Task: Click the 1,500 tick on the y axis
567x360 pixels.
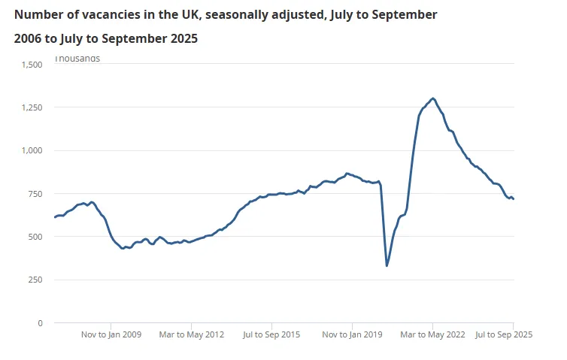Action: point(32,65)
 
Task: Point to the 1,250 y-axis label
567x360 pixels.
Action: point(32,107)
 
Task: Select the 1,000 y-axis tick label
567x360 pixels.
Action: point(32,150)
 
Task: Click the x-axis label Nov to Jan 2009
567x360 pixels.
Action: point(111,335)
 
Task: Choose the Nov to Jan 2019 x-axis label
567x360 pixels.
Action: point(353,335)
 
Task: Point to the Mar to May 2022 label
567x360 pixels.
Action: point(432,335)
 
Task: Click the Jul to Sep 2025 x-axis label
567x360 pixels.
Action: point(504,335)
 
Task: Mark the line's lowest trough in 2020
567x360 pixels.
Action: point(387,265)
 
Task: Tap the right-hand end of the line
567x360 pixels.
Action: point(514,199)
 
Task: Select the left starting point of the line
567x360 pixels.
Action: point(55,217)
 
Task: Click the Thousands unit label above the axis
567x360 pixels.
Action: point(77,59)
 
